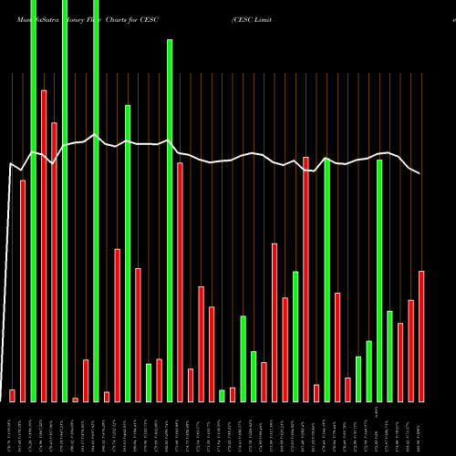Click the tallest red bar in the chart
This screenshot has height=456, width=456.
(x=43, y=246)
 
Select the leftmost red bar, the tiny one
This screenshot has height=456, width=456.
(x=12, y=396)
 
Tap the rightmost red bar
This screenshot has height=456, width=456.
(x=421, y=337)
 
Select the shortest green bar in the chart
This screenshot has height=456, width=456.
(x=222, y=396)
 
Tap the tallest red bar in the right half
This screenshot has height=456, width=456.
(x=306, y=279)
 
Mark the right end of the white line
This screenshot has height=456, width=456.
(x=420, y=173)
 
